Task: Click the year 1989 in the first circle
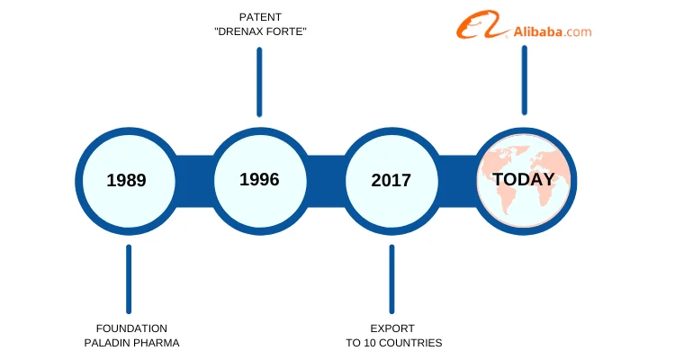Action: click(127, 180)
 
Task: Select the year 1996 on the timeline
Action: click(259, 179)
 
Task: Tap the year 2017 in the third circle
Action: click(391, 180)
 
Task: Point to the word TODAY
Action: click(524, 179)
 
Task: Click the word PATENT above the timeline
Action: click(260, 17)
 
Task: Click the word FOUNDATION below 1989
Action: click(131, 328)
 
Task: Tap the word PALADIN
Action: click(109, 343)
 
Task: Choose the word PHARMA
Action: click(157, 343)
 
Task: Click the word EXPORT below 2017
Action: click(392, 328)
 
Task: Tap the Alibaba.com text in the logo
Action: click(553, 31)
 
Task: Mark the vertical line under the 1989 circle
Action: click(129, 279)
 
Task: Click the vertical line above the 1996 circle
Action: click(259, 82)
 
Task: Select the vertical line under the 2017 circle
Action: click(391, 279)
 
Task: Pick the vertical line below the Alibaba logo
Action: click(525, 80)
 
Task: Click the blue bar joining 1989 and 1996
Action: click(194, 181)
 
